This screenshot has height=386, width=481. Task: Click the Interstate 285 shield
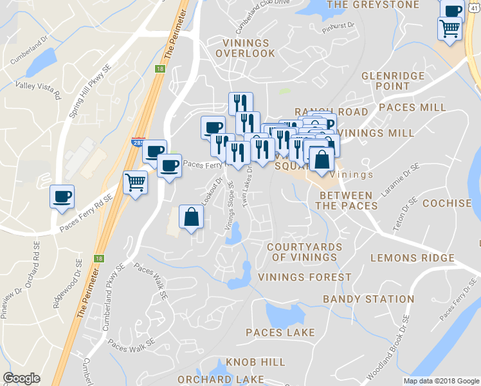[x=138, y=143]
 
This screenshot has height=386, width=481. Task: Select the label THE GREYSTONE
[x=373, y=5]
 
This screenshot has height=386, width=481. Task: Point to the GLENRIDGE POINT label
[x=393, y=80]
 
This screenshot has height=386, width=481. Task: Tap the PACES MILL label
[x=412, y=107]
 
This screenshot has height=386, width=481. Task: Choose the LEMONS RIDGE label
[x=412, y=258]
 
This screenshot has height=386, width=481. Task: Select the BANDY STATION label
[x=368, y=299]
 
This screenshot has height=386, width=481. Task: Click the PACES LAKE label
[x=280, y=333]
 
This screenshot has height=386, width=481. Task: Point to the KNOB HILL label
[x=255, y=363]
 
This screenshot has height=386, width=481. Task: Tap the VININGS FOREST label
[x=305, y=277]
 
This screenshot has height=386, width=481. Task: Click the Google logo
[x=21, y=378]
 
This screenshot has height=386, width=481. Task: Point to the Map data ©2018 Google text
[x=441, y=381]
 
